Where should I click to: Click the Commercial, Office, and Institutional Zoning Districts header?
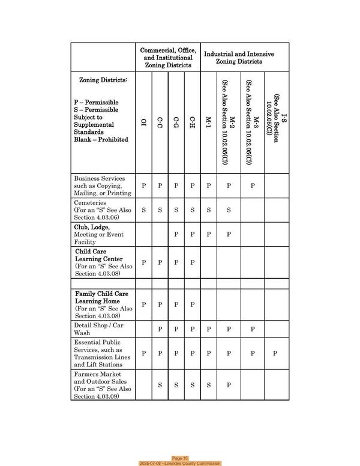(167, 58)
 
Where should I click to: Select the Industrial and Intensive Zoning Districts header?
(239, 58)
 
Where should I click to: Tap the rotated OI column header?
(143, 124)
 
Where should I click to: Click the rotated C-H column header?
(192, 124)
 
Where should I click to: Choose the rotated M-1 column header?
(208, 124)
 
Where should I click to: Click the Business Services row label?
(102, 186)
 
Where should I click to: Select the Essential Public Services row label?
(102, 354)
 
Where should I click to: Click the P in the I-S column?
(275, 354)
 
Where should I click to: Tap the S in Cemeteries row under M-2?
(229, 211)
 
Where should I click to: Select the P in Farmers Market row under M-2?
(229, 385)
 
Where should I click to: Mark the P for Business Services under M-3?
(253, 186)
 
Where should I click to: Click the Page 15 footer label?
(180, 458)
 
